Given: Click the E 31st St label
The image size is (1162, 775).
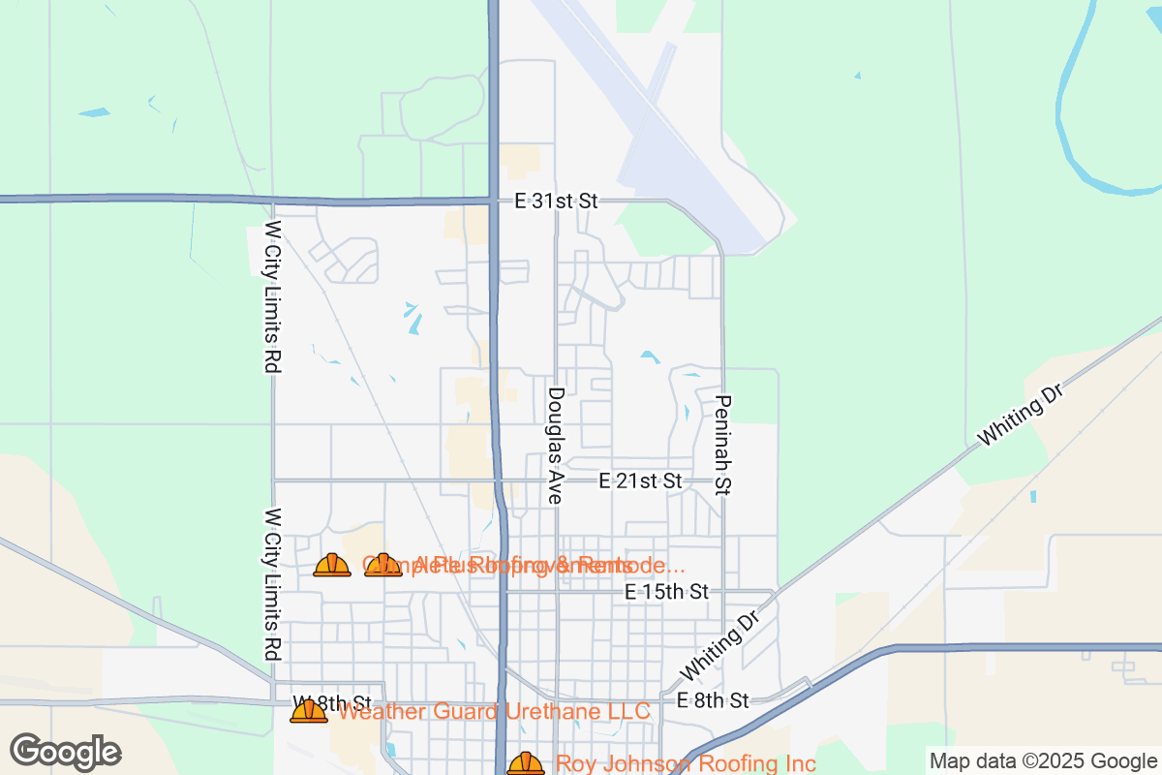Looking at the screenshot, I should click(x=556, y=201).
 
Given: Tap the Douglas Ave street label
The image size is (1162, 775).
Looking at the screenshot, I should click(x=556, y=446).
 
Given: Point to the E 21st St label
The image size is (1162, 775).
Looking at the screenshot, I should click(x=640, y=480).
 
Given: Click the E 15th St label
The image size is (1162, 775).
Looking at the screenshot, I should click(x=667, y=591).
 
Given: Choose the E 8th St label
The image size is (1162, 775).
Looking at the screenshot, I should click(x=713, y=699).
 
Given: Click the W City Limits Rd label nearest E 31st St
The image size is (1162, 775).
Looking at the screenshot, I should click(x=273, y=298).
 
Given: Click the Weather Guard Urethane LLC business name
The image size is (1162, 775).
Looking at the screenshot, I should click(x=494, y=712).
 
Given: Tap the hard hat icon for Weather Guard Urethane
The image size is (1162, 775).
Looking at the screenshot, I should click(x=309, y=712).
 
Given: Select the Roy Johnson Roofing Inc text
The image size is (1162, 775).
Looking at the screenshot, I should click(x=686, y=764).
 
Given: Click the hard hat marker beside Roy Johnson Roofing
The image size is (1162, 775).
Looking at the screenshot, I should click(x=526, y=763).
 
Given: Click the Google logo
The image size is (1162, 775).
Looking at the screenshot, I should click(x=65, y=752).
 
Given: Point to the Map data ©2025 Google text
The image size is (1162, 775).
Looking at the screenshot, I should click(x=1043, y=760).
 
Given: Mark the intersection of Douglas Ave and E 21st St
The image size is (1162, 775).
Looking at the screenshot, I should click(x=557, y=480).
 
